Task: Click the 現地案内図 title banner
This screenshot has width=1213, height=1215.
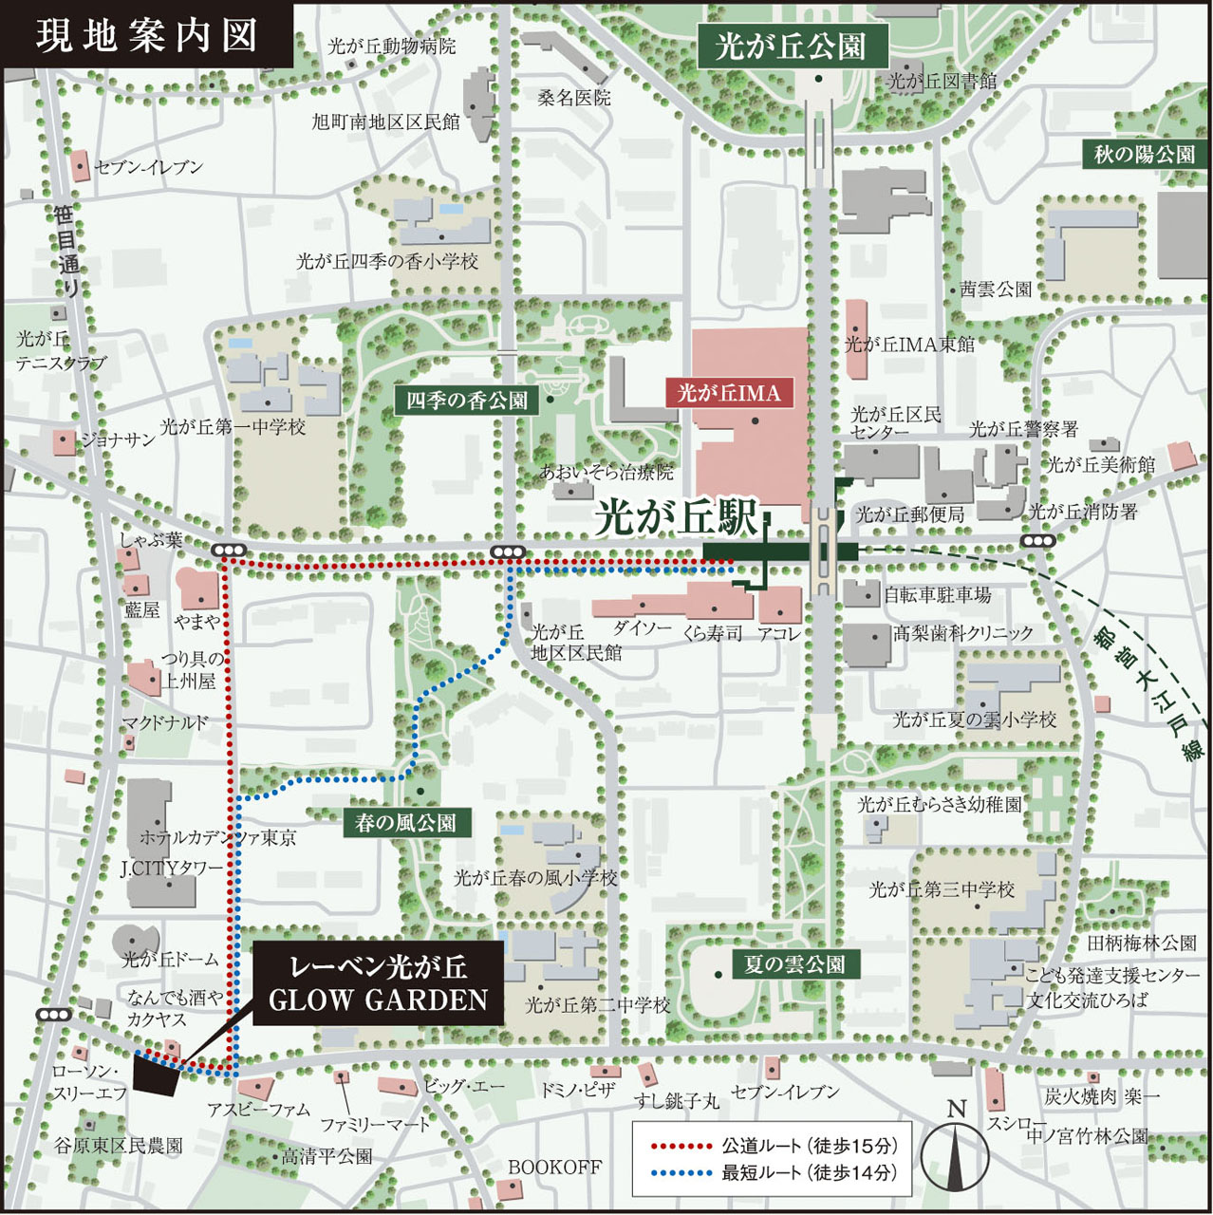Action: tap(147, 36)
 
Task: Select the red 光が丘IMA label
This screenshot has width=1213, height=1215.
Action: tap(729, 393)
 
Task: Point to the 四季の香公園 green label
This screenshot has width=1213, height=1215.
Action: tap(467, 401)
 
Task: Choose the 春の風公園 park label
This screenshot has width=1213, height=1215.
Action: tap(405, 823)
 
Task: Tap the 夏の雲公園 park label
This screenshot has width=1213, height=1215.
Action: tap(795, 965)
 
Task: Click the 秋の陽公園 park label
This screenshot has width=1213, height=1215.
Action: tap(1144, 154)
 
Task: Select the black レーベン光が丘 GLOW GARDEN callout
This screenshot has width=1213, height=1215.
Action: tap(378, 982)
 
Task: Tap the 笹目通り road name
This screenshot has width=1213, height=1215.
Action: tap(67, 251)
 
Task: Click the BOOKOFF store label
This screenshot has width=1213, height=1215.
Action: tap(554, 1167)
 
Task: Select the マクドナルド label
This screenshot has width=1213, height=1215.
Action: tap(164, 723)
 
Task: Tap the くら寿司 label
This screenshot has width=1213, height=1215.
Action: tap(712, 633)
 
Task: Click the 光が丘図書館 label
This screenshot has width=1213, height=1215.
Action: tap(942, 82)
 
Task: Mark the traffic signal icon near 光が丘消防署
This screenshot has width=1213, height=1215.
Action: tap(1039, 541)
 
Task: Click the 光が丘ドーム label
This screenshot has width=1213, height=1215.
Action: tap(170, 960)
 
